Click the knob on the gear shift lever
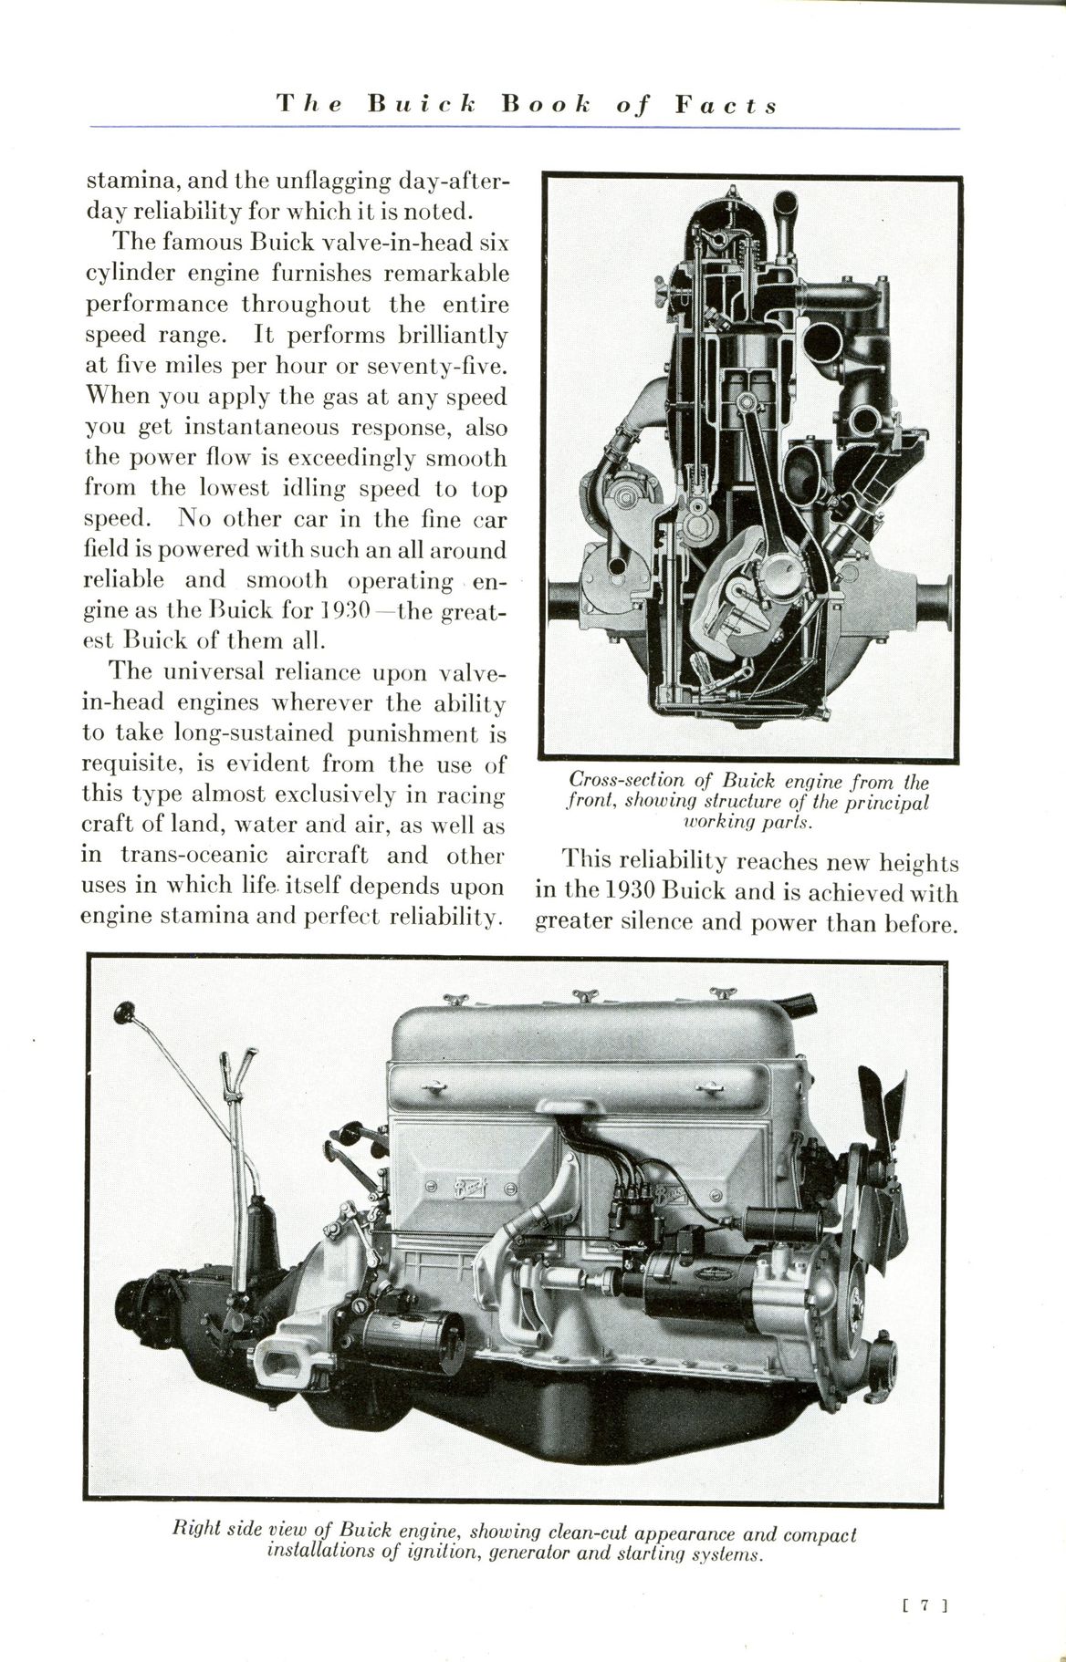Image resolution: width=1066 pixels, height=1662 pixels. [x=125, y=1013]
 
